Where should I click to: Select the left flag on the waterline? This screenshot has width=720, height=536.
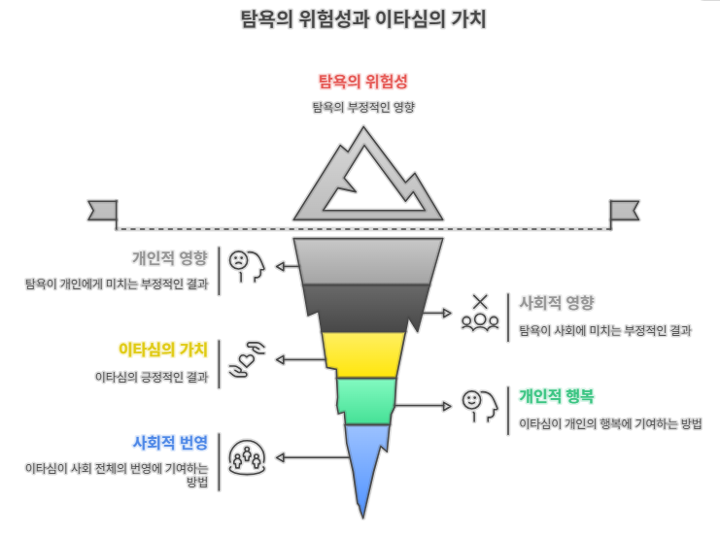[101, 210]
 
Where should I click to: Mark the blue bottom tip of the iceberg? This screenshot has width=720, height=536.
[365, 466]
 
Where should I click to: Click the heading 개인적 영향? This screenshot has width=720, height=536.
[170, 258]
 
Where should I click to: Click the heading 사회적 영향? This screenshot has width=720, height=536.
[557, 302]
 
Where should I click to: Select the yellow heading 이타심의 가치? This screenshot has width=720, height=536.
[162, 349]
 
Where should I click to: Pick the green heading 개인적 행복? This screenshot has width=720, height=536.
[556, 395]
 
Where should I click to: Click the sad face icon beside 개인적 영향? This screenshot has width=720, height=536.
[243, 265]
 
